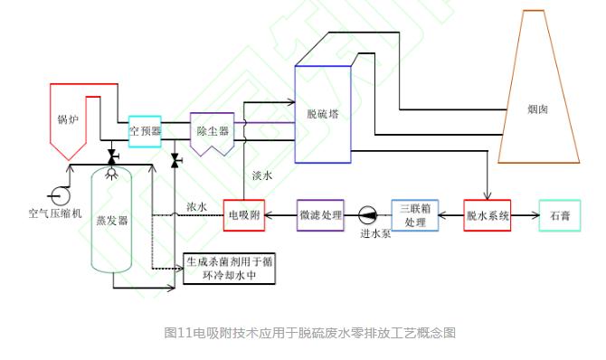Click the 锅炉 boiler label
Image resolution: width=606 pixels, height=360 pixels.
(x=68, y=118)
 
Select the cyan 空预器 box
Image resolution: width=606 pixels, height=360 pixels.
(x=145, y=131)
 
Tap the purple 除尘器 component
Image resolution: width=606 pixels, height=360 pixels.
(x=213, y=134)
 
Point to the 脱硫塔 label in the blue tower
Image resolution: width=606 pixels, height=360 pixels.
(x=322, y=114)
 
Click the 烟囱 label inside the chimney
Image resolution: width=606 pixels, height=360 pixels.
(x=537, y=109)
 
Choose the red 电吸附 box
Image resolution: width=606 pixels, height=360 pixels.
(x=244, y=215)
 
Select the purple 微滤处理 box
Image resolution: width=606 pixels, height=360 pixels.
(x=320, y=215)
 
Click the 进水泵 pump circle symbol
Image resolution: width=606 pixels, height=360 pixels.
(x=367, y=215)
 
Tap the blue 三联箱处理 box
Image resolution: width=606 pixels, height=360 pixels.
(x=415, y=215)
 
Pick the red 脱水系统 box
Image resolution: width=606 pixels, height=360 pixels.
(x=488, y=215)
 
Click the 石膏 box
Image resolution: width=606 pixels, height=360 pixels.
(x=560, y=215)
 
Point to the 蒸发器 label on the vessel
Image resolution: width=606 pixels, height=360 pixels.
(x=111, y=221)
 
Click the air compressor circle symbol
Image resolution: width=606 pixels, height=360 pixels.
(x=61, y=195)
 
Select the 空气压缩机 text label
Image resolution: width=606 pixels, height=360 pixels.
(x=55, y=213)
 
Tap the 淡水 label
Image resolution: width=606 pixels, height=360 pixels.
(x=262, y=176)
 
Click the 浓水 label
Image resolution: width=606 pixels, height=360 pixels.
(x=196, y=207)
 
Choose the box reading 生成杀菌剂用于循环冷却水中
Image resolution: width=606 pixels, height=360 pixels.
(x=229, y=269)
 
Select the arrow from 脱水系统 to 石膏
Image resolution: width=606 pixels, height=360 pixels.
(x=526, y=215)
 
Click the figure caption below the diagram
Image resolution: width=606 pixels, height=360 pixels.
(x=310, y=333)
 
